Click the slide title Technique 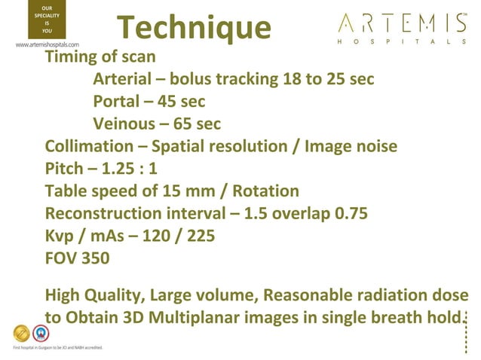point(195,29)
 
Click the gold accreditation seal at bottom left point(23,334)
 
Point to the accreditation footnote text point(57,347)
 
